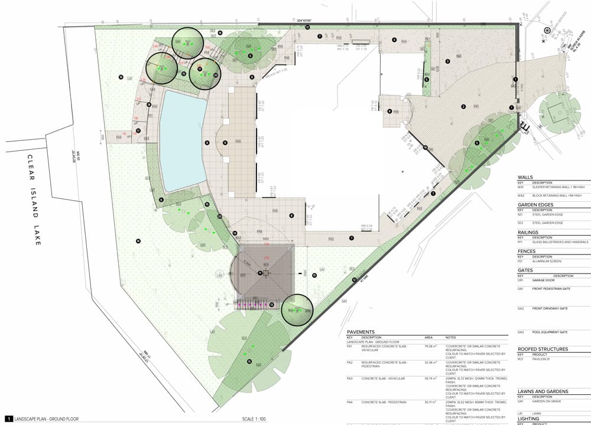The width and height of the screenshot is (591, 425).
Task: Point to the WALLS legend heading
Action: pyautogui.click(x=525, y=177)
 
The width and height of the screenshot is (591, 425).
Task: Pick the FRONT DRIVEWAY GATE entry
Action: pyautogui.click(x=551, y=308)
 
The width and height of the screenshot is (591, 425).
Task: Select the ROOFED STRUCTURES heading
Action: pyautogui.click(x=543, y=349)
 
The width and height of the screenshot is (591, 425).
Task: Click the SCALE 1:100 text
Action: pyautogui.click(x=256, y=419)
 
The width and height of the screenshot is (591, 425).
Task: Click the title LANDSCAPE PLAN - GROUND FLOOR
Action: pyautogui.click(x=47, y=419)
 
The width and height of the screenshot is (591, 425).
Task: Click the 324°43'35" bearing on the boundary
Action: pyautogui.click(x=304, y=21)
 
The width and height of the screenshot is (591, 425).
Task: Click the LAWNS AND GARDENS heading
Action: pyautogui.click(x=543, y=391)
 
